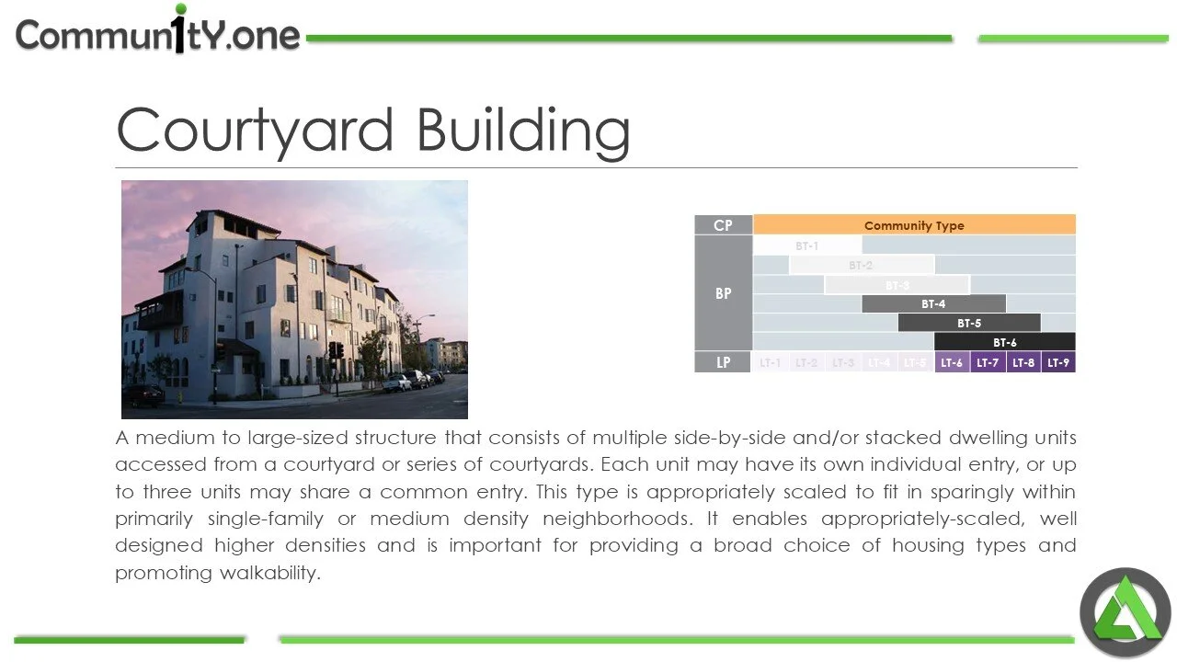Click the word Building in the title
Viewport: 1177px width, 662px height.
coord(523,131)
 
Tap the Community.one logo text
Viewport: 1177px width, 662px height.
coord(157,35)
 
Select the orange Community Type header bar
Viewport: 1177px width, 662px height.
coord(914,225)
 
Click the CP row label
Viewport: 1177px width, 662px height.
coord(724,225)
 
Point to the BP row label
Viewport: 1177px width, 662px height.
coord(724,293)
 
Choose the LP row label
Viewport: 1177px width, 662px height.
coord(724,362)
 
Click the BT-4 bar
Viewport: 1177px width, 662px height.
coord(933,303)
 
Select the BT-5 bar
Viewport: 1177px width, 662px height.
coord(969,323)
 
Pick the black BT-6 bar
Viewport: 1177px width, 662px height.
coord(1004,342)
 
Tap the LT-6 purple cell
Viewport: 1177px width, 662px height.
coord(952,362)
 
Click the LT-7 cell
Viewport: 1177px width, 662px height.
coord(988,362)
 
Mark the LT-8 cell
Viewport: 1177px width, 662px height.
coord(1023,362)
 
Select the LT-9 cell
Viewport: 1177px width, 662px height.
coord(1058,362)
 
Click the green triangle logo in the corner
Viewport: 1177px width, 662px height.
coord(1125,612)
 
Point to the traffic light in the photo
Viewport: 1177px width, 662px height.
coord(336,350)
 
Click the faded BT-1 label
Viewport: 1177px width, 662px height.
coord(806,245)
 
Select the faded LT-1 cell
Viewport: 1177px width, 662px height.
coord(771,362)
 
